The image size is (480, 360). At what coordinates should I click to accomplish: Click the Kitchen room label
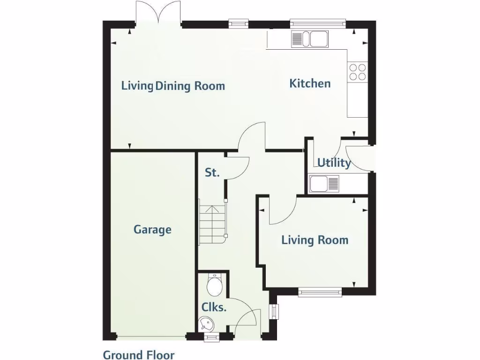310,83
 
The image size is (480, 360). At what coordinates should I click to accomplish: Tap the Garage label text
152,230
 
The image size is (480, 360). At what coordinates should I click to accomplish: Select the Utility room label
334,163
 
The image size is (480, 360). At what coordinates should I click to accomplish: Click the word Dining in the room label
172,86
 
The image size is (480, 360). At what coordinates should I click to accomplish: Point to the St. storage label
212,172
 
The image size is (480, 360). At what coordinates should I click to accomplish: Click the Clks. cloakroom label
214,307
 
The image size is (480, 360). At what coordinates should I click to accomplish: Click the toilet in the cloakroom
215,285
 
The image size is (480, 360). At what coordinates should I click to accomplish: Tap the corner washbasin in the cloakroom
206,323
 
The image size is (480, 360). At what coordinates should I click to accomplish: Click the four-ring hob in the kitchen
357,72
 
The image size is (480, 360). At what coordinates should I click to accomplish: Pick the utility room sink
324,183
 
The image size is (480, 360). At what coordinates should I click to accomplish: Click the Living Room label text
315,240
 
